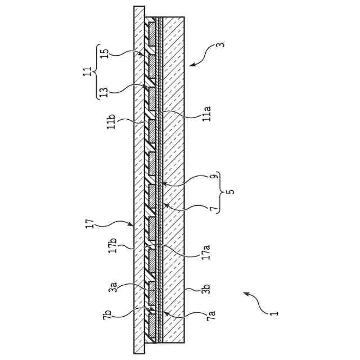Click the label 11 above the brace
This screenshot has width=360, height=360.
tap(87, 73)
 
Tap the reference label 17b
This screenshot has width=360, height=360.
tap(112, 247)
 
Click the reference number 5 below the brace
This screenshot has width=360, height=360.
tap(231, 192)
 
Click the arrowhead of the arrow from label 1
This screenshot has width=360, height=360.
tap(243, 293)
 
